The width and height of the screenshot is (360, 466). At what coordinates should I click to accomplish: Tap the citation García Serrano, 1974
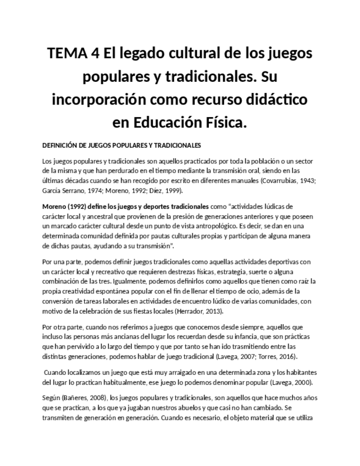click(x=71, y=191)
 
